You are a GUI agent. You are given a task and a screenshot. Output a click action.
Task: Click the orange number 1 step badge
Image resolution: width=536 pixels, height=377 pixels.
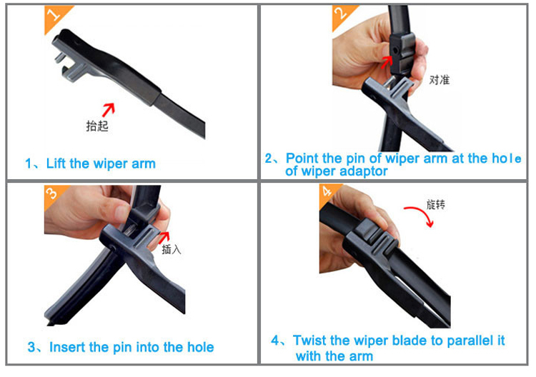pos(55,16)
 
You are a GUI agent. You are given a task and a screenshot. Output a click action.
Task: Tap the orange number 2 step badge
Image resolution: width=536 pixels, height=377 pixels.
pos(342,15)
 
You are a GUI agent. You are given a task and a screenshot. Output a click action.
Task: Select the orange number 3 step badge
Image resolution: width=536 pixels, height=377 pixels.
pos(54,195)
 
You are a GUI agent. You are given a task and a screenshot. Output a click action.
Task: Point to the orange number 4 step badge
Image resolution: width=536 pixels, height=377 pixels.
pos(327,193)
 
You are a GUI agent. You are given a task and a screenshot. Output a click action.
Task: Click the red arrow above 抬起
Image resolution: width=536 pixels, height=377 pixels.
pos(109,110)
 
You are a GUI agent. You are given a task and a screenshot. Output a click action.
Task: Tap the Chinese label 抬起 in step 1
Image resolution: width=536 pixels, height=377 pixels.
pos(97,126)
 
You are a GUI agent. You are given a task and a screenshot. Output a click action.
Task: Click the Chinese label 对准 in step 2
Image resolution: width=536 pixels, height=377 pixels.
pos(440,80)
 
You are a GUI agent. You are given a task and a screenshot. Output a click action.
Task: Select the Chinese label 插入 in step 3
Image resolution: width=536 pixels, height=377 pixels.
pos(172,250)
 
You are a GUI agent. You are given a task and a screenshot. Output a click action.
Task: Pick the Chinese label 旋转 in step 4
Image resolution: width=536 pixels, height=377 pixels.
pos(436,204)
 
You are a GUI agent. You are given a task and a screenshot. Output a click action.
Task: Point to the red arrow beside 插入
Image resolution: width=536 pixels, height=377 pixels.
pos(164,238)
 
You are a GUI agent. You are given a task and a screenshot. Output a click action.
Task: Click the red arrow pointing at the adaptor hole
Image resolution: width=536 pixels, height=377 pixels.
pos(387,62)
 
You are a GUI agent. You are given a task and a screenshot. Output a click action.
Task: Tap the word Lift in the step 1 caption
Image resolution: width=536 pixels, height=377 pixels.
pos(56,164)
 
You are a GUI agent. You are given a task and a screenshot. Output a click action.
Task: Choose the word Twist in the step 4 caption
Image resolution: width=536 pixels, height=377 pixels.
pos(309,341)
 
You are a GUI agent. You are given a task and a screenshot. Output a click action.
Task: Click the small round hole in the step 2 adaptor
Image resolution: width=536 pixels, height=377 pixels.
pos(395,51)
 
